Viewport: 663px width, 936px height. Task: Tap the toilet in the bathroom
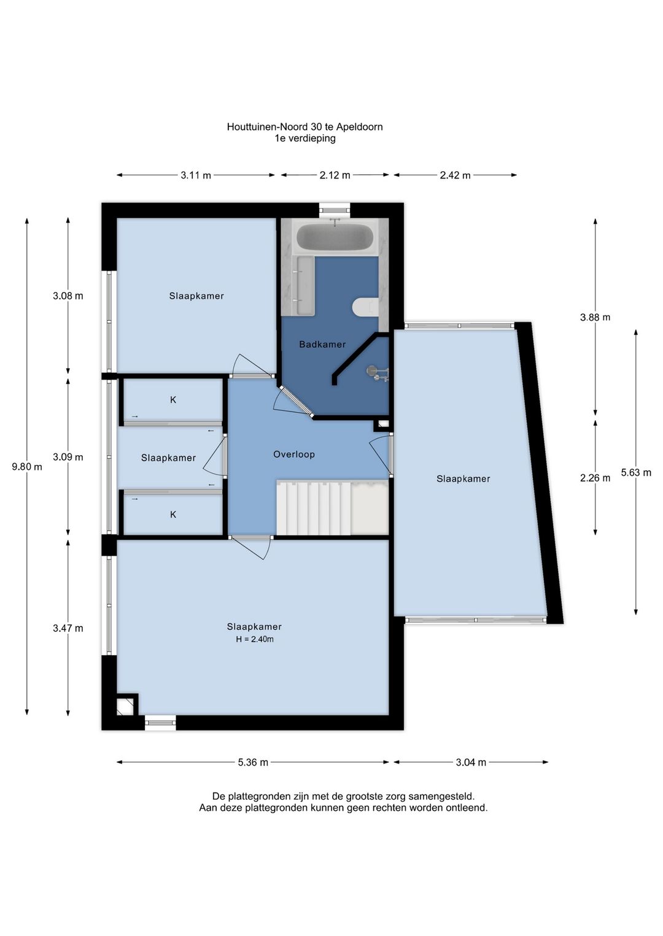[365, 307]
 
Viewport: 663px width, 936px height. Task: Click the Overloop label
[293, 455]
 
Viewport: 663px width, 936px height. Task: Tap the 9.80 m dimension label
[27, 467]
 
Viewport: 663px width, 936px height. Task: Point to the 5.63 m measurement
[636, 472]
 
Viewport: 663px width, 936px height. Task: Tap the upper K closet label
[173, 400]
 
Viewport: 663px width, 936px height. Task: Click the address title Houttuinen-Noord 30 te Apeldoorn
[305, 126]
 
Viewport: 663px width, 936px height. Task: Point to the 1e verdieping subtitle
[305, 138]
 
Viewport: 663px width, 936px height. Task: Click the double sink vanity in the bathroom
[305, 286]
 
